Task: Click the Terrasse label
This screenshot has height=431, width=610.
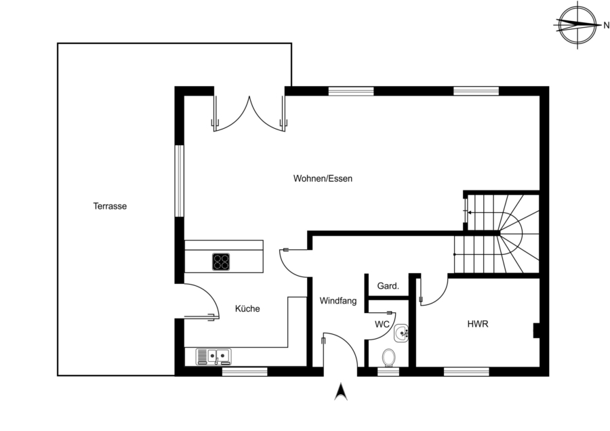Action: (x=110, y=206)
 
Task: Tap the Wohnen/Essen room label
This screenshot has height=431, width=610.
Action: (x=323, y=178)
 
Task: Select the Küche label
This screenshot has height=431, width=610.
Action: (x=247, y=308)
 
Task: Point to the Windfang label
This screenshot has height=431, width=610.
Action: (x=338, y=301)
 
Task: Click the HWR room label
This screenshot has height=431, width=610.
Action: (x=478, y=324)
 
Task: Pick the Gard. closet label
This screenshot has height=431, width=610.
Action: (x=388, y=286)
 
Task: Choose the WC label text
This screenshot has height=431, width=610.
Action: (x=382, y=325)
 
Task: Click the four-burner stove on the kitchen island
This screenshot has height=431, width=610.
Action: (x=221, y=262)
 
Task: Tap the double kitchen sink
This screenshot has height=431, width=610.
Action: (x=213, y=356)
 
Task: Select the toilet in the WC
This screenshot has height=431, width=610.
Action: (x=388, y=357)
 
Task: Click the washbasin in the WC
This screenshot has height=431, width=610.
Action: (x=401, y=333)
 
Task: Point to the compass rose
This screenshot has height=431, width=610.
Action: (x=577, y=25)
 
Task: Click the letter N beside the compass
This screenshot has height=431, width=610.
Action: (x=606, y=26)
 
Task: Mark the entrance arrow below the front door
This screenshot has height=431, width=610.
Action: (x=341, y=391)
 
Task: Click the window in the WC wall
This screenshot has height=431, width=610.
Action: (x=388, y=371)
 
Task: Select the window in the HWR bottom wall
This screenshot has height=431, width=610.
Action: (x=466, y=371)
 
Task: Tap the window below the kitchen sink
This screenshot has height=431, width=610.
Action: (x=245, y=371)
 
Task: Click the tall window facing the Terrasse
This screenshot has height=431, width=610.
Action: (x=180, y=181)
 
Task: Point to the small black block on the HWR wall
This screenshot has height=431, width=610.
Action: (x=537, y=331)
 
